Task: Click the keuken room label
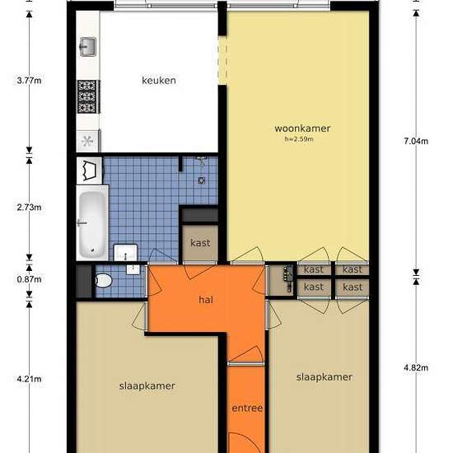(159, 80)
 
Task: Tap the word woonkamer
(302, 128)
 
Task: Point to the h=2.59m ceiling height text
(299, 139)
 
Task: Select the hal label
(206, 300)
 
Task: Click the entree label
(247, 408)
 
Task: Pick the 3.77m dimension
(29, 81)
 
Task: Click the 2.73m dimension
(29, 207)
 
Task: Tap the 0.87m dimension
(29, 279)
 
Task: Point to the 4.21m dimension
(29, 379)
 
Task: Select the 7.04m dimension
(416, 142)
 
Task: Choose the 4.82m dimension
(416, 368)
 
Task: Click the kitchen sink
(88, 46)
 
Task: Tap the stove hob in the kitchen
(88, 97)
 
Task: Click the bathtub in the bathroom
(92, 223)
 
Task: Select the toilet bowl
(104, 281)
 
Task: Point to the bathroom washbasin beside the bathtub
(125, 252)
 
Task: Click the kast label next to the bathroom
(200, 243)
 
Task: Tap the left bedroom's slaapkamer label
(147, 386)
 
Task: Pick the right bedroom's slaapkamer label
(325, 377)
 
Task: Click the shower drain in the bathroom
(202, 181)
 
